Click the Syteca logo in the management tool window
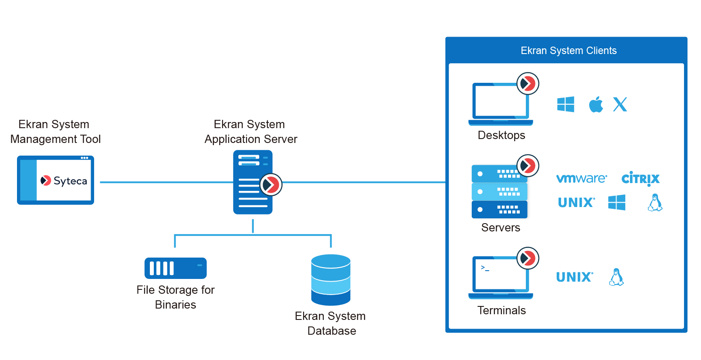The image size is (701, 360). click(x=64, y=180)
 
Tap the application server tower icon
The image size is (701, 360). click(x=253, y=182)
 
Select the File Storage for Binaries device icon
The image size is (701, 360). click(x=175, y=268)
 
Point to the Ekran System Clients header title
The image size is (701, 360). click(x=568, y=51)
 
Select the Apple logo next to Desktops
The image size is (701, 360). click(x=596, y=105)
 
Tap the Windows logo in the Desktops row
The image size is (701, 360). click(x=566, y=105)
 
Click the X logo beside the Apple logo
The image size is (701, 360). click(x=620, y=105)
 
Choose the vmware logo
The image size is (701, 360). click(x=581, y=178)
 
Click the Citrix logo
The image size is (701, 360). click(x=640, y=179)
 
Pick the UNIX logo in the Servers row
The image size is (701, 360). click(x=576, y=203)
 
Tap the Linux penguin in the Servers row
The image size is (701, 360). click(x=655, y=203)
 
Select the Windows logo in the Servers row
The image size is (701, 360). click(x=616, y=203)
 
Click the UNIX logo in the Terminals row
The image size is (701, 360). click(x=574, y=277)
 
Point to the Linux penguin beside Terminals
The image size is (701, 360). click(x=616, y=277)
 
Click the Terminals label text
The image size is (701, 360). click(x=501, y=310)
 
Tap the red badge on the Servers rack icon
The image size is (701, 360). click(x=528, y=166)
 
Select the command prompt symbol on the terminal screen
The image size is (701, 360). click(x=484, y=268)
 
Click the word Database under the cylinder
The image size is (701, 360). click(x=332, y=331)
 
